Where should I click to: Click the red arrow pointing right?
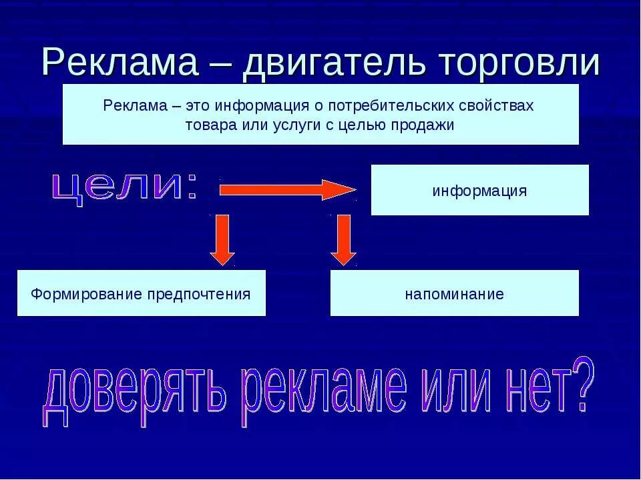tap(287, 190)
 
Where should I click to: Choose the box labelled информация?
tap(479, 191)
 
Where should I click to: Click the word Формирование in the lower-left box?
tap(77, 293)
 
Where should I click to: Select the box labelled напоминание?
tap(454, 293)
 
